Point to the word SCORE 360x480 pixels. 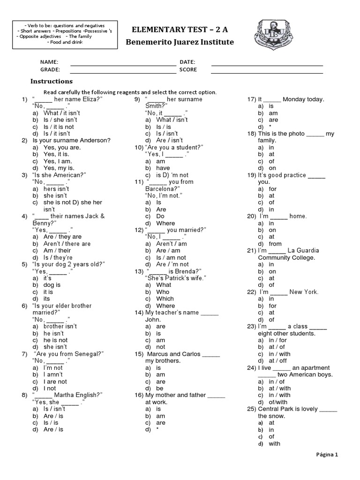coord(188,70)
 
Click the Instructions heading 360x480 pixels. coord(52,81)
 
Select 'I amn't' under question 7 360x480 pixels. coord(53,375)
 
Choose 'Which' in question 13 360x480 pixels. coord(165,299)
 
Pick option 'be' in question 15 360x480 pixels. coord(160,388)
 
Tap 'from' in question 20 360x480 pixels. coord(276,244)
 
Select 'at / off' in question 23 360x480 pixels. coord(278,361)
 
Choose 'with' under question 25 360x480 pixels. coord(274,443)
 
